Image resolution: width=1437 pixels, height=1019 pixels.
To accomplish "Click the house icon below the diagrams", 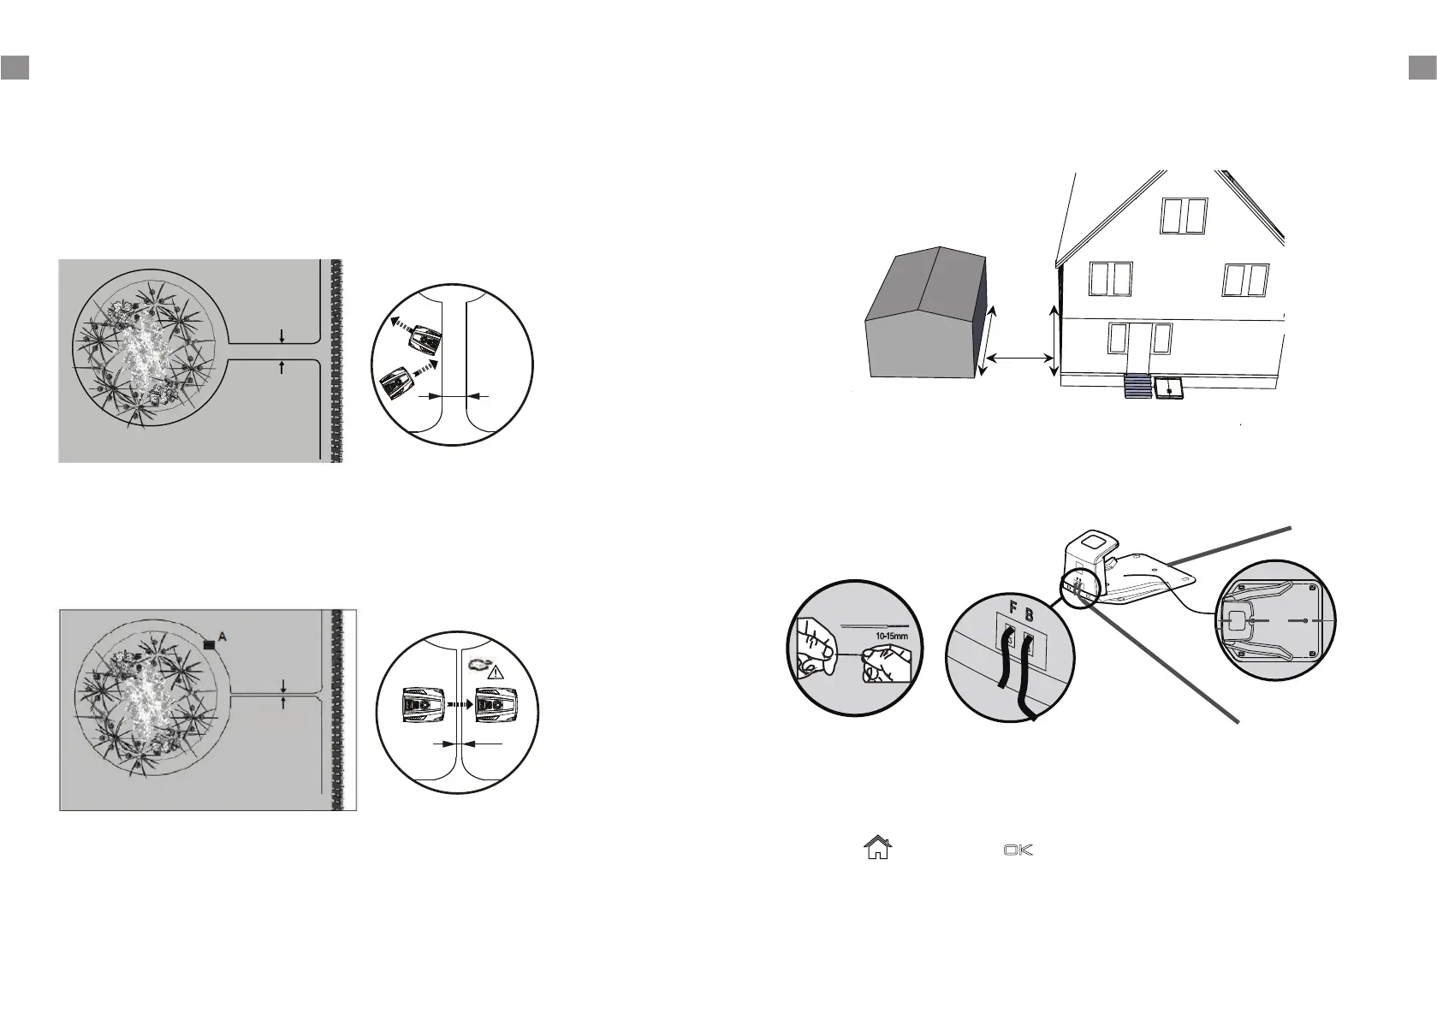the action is pyautogui.click(x=877, y=848).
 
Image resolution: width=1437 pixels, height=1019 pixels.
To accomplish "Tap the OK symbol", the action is pyautogui.click(x=1018, y=850).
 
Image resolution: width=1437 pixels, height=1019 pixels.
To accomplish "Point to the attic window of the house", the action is pyautogui.click(x=1184, y=216).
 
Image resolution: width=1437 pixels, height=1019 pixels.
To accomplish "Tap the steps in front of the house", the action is pyautogui.click(x=1137, y=387).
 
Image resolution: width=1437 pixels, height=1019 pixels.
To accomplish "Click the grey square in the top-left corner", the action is pyautogui.click(x=15, y=68).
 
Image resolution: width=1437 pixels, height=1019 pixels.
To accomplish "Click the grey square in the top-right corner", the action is pyautogui.click(x=1422, y=68).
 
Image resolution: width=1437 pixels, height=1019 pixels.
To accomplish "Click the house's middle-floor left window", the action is pyautogui.click(x=1111, y=279).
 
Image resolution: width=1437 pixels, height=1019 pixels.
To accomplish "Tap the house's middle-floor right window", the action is pyautogui.click(x=1244, y=280).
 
